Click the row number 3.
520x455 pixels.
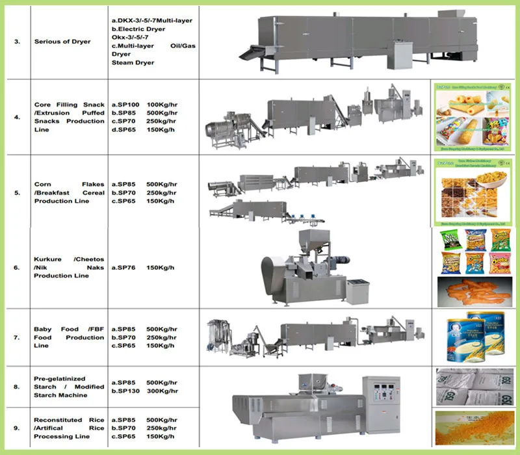click(x=17, y=42)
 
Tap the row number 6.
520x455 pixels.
click(x=17, y=267)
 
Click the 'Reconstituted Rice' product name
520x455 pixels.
click(x=60, y=420)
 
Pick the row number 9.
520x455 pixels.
click(x=17, y=428)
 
